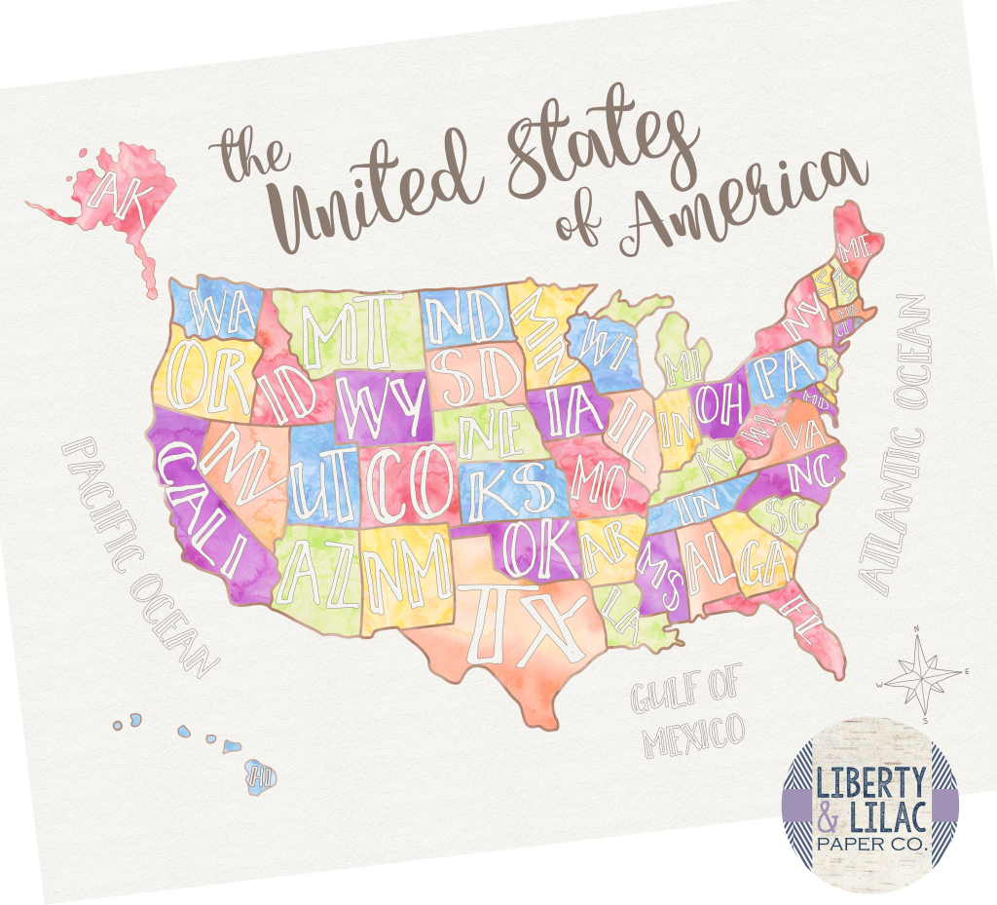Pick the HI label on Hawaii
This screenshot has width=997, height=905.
click(259, 775)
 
